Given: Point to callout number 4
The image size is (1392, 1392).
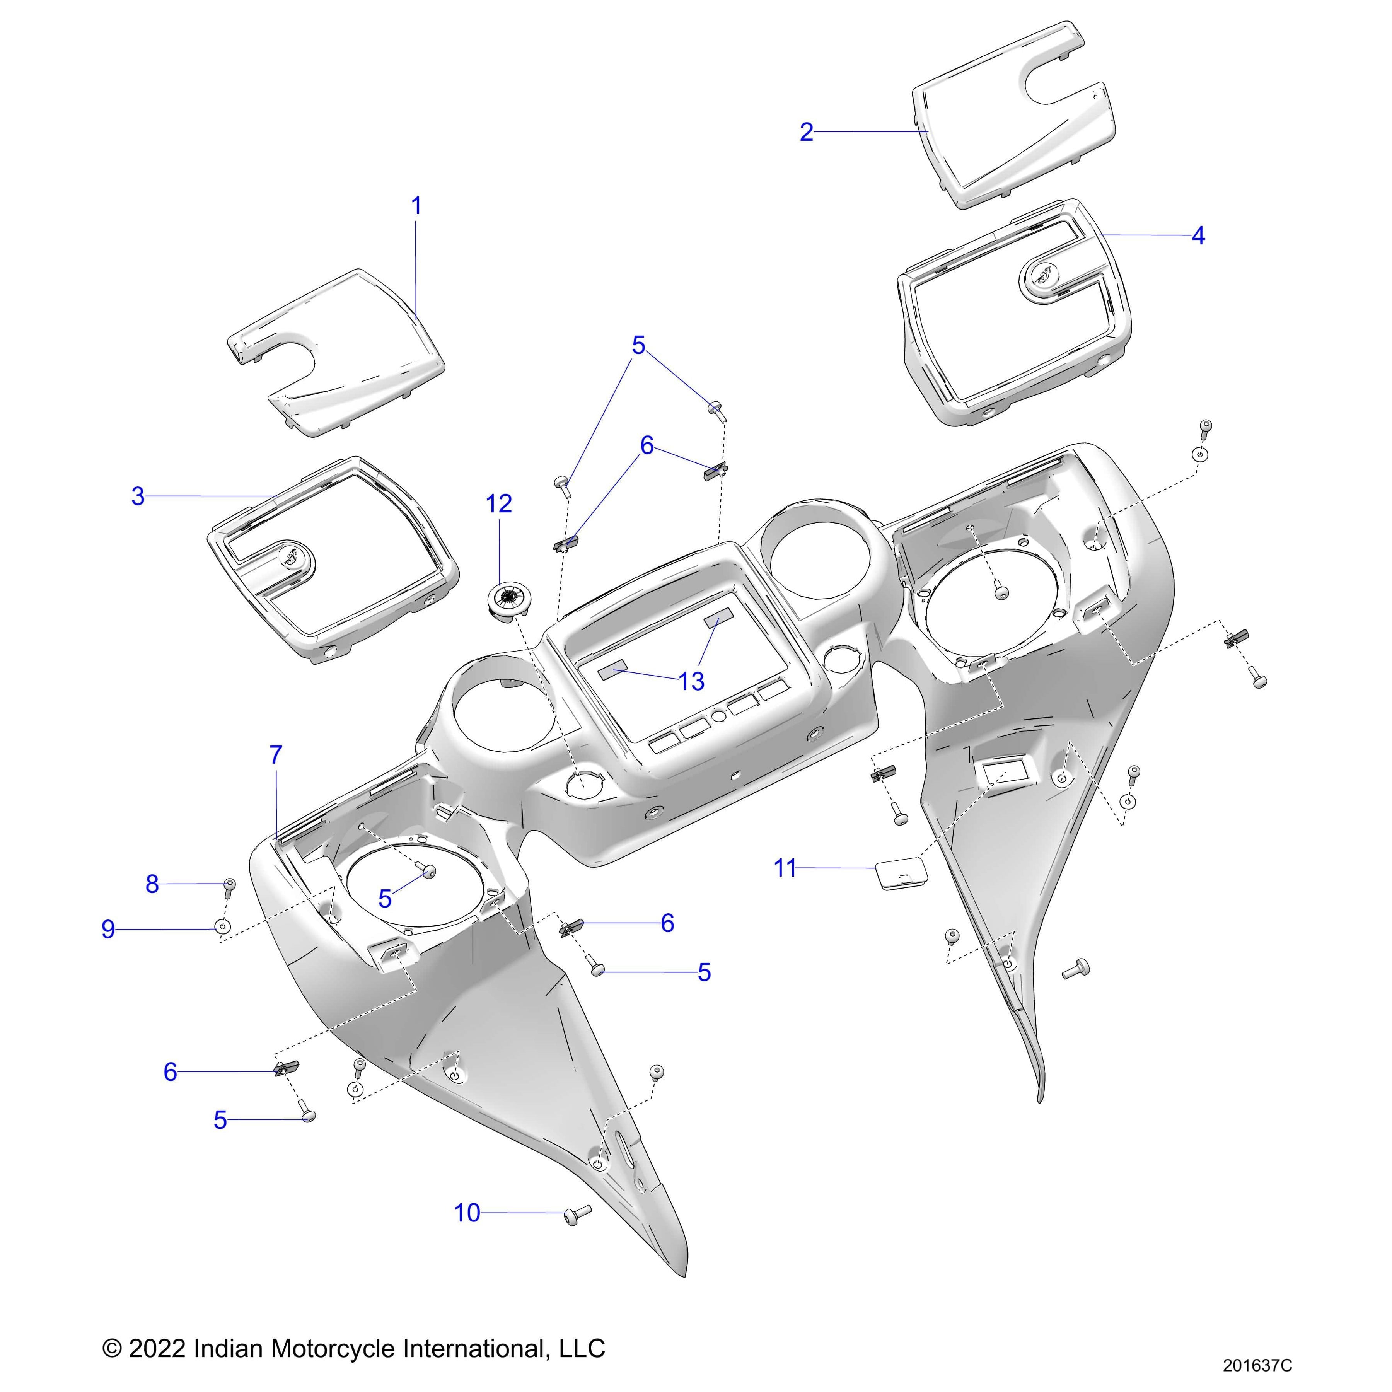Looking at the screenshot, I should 1198,235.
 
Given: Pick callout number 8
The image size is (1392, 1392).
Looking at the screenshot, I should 152,884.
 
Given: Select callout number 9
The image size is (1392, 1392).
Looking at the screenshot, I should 108,930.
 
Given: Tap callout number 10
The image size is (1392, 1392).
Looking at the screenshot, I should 467,1213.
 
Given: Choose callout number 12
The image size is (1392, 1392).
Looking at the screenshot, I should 498,503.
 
